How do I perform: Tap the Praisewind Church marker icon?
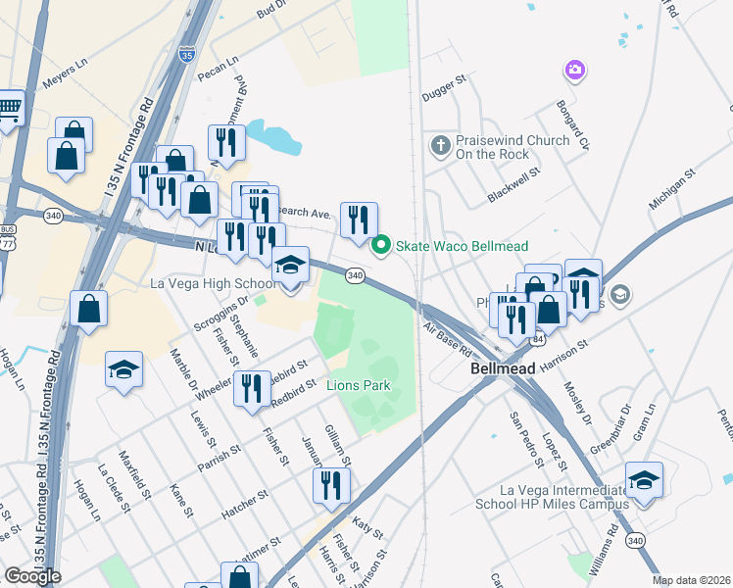coord(441,147)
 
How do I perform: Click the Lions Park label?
coord(359,386)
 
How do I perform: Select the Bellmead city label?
coord(501,369)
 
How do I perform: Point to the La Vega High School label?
coord(214,284)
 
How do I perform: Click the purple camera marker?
coord(574,70)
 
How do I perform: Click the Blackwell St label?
coord(514,185)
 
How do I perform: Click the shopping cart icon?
coord(8,110)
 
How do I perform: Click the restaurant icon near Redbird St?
coord(252,387)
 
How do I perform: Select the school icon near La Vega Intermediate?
coord(644,479)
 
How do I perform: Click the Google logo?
coord(32,576)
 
